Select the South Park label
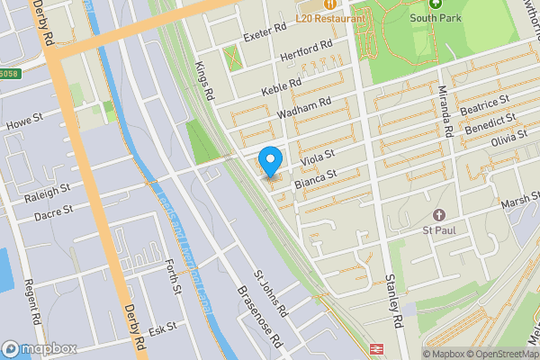[x=436, y=17]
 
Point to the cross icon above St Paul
[x=439, y=216]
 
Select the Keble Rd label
[x=281, y=86]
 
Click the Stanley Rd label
[x=393, y=301]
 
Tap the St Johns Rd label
[x=269, y=292]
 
